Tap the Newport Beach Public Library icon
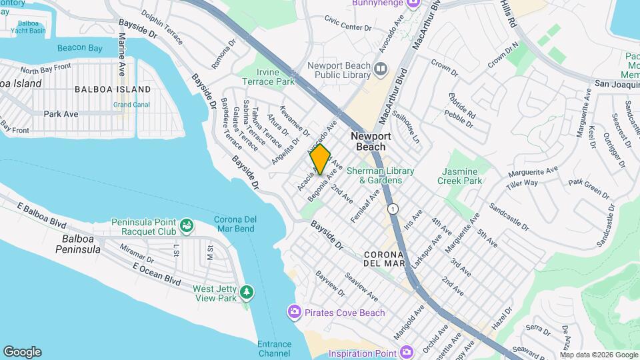tap(381, 69)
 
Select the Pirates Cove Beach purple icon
tap(294, 312)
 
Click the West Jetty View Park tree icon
tap(247, 293)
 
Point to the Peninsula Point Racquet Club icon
tap(187, 227)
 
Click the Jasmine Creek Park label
tap(460, 176)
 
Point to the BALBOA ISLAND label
tap(112, 89)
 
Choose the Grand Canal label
tap(131, 105)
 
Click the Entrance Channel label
tap(274, 349)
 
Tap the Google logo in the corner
tap(22, 351)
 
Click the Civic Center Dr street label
tap(347, 27)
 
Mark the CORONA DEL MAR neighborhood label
tap(384, 259)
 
